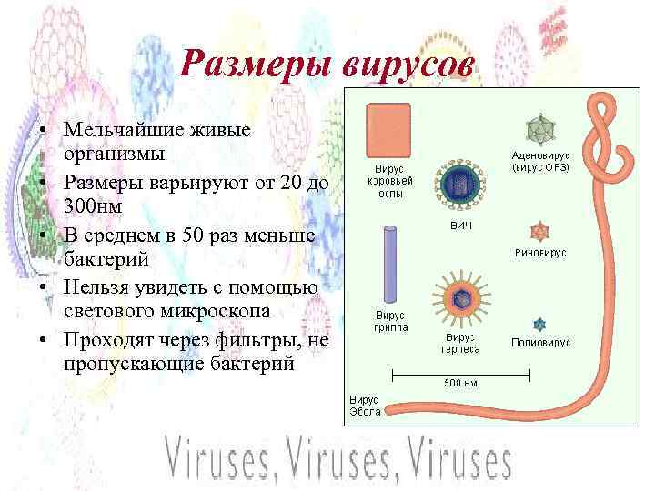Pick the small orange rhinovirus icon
[540, 230]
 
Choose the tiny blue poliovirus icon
[540, 324]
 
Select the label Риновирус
[540, 253]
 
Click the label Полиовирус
[540, 343]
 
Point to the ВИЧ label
[460, 224]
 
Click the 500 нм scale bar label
[460, 382]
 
